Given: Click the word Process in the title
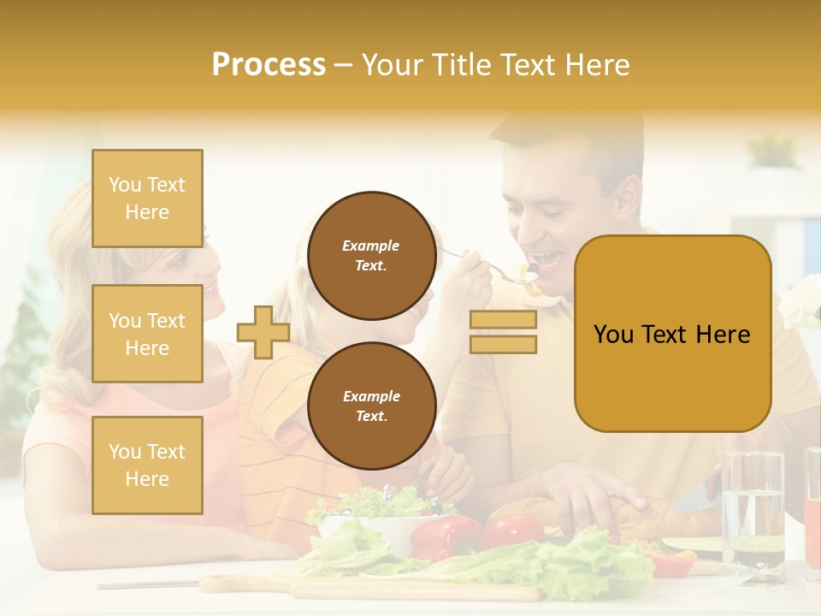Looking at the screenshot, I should point(269,65).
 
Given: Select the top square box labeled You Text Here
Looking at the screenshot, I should point(147,198).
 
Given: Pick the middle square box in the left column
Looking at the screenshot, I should point(147,334).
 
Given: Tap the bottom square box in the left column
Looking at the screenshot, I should point(147,465).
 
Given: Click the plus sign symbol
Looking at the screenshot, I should point(263,332).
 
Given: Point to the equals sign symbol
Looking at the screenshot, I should point(503,332).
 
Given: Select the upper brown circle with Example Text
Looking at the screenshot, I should point(371,256).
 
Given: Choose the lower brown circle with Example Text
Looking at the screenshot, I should point(371,406).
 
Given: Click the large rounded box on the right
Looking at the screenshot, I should point(672,334).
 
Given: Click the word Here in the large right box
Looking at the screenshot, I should point(722,335).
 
